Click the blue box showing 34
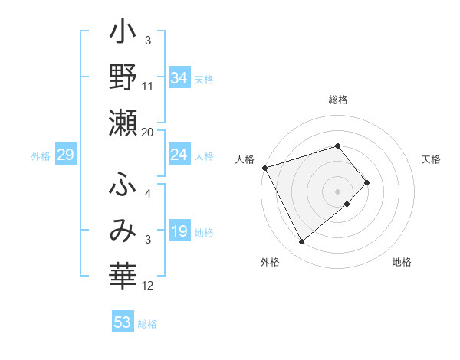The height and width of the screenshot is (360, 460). point(179,77)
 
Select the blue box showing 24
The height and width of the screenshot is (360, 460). point(179,155)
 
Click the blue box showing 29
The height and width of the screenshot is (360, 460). point(65,155)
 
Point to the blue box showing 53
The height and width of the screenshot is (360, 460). point(123,322)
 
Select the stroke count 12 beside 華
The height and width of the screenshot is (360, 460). point(148,286)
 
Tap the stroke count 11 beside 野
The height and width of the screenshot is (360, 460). point(148,87)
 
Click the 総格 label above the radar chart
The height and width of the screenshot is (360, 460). point(338,100)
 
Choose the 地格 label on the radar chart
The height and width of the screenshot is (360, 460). point(402,262)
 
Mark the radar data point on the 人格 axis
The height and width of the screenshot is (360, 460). point(264,167)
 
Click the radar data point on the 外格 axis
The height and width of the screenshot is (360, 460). point(301,242)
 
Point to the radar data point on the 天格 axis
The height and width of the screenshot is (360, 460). point(367,182)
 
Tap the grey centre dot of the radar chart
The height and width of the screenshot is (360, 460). point(338,191)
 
